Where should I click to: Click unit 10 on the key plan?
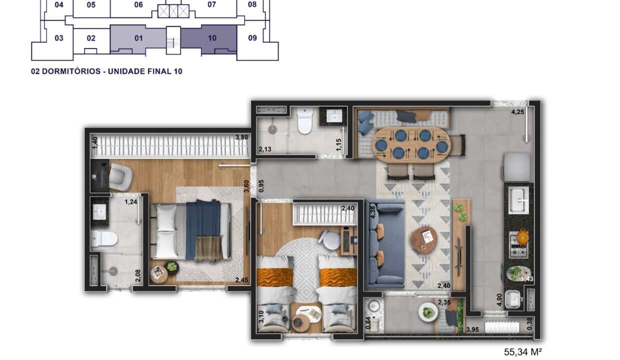click(212, 38)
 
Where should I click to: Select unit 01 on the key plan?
click(138, 38)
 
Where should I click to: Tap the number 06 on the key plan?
click(138, 4)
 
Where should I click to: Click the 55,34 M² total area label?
click(522, 352)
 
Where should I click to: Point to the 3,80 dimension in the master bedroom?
click(241, 137)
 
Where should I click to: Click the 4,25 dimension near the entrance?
click(517, 112)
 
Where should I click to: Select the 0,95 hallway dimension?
click(261, 186)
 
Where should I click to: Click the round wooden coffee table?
click(424, 240)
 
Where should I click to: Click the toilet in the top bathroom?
click(304, 120)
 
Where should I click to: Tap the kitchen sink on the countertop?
click(518, 200)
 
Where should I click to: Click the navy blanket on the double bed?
click(203, 228)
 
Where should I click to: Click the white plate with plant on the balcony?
click(428, 312)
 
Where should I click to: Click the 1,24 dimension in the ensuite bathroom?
click(130, 202)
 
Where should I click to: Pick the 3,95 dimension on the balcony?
click(472, 330)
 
